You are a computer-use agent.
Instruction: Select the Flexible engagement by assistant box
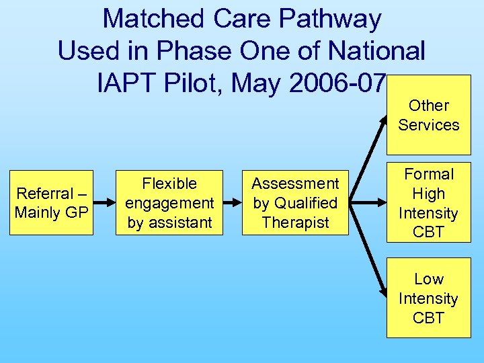[x=170, y=202]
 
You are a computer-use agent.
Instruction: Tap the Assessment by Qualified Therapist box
[x=295, y=202]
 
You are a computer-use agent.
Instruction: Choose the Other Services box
[x=428, y=115]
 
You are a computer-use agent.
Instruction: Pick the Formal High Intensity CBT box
[x=428, y=202]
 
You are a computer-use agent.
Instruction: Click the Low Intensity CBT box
[x=428, y=298]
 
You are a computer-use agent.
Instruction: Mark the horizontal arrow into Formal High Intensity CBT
[x=368, y=202]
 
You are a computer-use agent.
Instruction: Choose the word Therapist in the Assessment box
[x=295, y=222]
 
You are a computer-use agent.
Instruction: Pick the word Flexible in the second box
[x=170, y=183]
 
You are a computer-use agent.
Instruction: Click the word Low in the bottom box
[x=428, y=278]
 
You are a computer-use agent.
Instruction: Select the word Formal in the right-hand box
[x=428, y=173]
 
